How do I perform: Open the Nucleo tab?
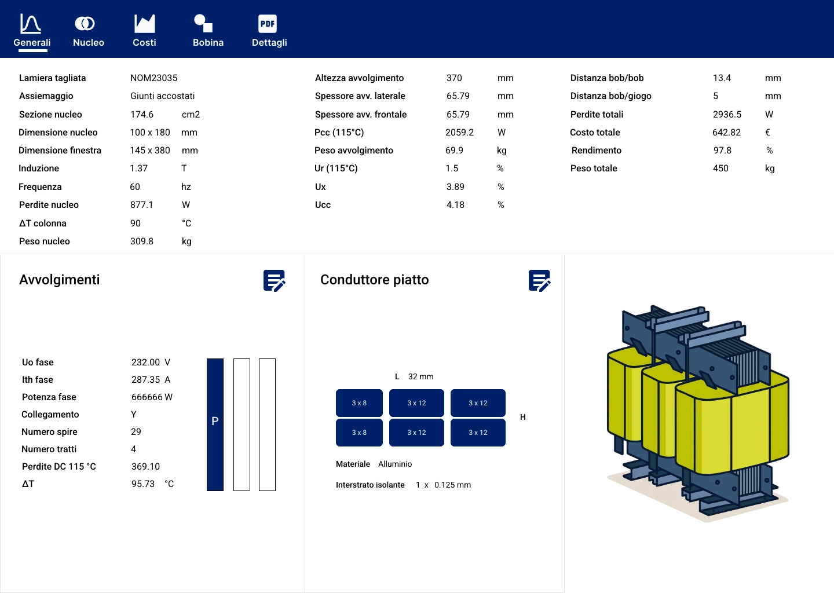coord(88,31)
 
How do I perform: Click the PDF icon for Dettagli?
coord(268,24)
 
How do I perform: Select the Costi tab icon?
coord(144,23)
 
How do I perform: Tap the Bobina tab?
coord(208,31)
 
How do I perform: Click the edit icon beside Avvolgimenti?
coord(275,281)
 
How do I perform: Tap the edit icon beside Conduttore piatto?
coord(540,281)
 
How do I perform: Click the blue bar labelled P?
coord(215,424)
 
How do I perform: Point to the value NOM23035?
coord(154,78)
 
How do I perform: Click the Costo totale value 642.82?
coord(726,133)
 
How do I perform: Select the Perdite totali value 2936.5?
coord(727,114)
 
